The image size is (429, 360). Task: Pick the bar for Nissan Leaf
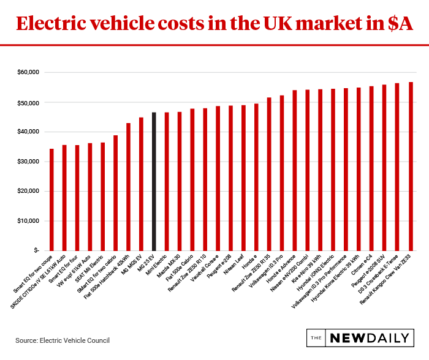[x=243, y=178]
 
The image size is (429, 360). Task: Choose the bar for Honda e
[x=256, y=177]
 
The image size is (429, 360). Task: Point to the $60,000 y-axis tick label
[x=26, y=72]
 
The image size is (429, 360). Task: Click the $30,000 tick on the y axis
[x=26, y=161]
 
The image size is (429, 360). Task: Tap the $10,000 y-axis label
[x=26, y=220]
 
